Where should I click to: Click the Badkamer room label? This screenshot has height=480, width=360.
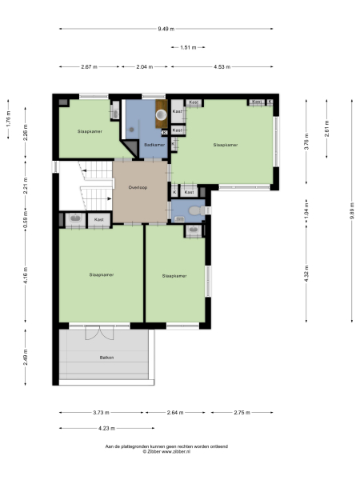tap(154, 145)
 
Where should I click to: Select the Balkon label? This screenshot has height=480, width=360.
tap(106, 357)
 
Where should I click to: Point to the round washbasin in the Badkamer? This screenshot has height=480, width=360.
tap(162, 114)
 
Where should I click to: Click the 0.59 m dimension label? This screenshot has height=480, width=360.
tap(26, 216)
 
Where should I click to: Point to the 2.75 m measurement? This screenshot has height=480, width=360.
tap(241, 412)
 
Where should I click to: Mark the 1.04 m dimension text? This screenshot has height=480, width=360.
tap(306, 214)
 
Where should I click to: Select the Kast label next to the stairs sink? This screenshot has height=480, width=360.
tap(99, 219)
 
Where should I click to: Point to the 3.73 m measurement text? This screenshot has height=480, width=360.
tap(101, 412)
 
